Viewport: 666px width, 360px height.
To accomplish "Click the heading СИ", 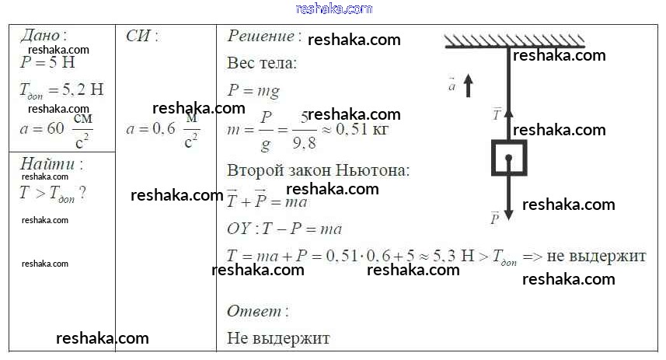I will [141, 36].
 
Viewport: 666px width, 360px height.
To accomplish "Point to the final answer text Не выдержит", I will [278, 338].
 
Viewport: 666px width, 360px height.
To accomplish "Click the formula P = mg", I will [253, 91].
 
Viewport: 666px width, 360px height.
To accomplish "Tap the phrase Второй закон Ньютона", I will [318, 170].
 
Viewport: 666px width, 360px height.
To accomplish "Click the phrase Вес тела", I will [262, 64].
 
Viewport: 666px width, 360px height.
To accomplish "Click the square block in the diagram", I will [508, 158].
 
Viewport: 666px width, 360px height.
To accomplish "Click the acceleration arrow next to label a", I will [468, 85].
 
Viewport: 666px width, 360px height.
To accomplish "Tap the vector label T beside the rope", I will [497, 114].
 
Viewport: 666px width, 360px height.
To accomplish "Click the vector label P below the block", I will [494, 218].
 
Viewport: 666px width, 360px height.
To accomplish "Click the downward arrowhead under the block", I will [509, 212].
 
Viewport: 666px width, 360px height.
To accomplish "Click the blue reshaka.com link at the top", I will [334, 9].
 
